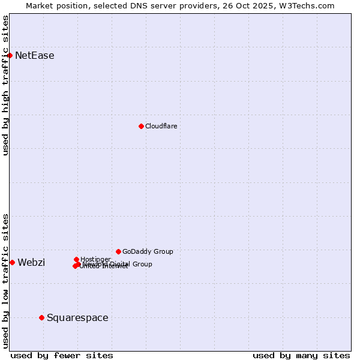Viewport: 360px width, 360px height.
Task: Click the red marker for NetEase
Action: point(10,56)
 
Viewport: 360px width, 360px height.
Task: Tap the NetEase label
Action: point(35,56)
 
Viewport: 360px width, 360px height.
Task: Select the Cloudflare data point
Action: point(141,126)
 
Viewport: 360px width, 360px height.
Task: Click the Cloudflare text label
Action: point(161,126)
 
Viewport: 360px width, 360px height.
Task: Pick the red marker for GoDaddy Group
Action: point(118,251)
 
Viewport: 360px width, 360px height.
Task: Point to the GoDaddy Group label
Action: point(148,251)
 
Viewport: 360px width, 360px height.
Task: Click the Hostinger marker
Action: point(76,259)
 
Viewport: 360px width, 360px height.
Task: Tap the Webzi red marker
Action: point(12,262)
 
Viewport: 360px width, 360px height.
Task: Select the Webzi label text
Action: point(31,262)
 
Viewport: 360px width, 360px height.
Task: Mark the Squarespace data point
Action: point(41,317)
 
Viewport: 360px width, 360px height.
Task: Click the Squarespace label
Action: point(77,317)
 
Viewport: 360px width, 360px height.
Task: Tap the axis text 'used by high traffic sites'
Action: point(5,85)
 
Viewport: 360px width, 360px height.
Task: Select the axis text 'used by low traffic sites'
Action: point(5,281)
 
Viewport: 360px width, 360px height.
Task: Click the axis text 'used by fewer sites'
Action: point(62,355)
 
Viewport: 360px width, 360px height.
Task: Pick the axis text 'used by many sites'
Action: point(301,355)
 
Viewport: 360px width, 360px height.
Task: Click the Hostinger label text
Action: point(95,259)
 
